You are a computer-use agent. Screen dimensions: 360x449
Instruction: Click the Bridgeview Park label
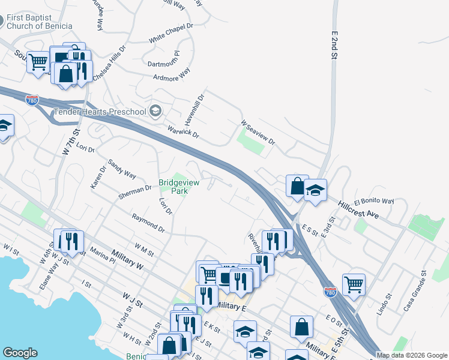click(173, 187)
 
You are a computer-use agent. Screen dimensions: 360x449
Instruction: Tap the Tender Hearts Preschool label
click(100, 112)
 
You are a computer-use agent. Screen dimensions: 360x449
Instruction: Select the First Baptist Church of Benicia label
click(40, 22)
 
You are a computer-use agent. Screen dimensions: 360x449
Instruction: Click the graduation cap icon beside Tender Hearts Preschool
click(155, 110)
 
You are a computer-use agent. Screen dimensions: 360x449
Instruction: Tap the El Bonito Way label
click(373, 202)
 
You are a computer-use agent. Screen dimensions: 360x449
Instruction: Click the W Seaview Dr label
click(258, 133)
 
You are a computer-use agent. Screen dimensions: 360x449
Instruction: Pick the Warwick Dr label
click(183, 131)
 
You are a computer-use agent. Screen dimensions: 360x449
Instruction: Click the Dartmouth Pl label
click(163, 62)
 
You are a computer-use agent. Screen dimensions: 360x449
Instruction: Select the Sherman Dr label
click(135, 191)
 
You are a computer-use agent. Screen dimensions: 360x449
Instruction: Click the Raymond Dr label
click(148, 224)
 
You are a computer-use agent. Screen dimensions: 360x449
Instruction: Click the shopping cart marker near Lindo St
click(354, 284)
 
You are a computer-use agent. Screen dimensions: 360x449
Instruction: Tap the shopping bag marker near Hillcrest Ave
click(297, 185)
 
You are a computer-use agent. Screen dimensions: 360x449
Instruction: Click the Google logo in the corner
click(20, 353)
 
